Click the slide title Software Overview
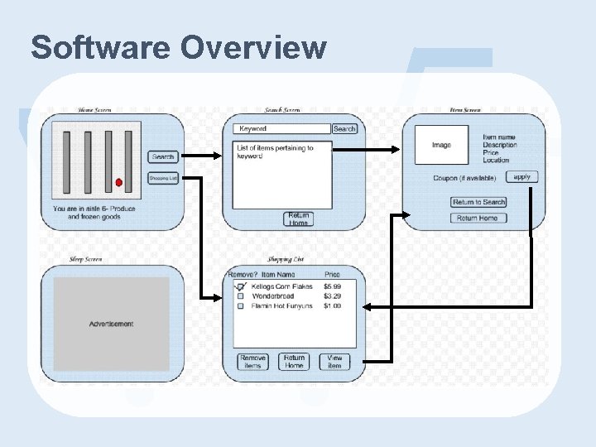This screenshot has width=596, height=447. pyautogui.click(x=178, y=48)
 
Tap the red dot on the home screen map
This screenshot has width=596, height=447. pyautogui.click(x=118, y=182)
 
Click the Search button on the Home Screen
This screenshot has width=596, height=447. pyautogui.click(x=163, y=156)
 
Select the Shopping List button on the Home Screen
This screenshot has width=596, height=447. pyautogui.click(x=163, y=178)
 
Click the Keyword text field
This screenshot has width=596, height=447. pyautogui.click(x=282, y=129)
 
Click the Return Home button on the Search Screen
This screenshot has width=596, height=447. pyautogui.click(x=299, y=219)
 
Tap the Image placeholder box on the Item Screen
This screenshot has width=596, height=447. pyautogui.click(x=441, y=145)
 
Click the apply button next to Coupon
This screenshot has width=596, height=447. pyautogui.click(x=521, y=176)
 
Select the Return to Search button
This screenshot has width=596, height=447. pyautogui.click(x=478, y=202)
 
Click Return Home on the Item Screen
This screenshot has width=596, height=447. pyautogui.click(x=478, y=218)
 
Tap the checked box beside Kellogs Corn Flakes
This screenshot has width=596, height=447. pyautogui.click(x=241, y=286)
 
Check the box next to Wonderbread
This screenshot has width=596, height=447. pyautogui.click(x=241, y=296)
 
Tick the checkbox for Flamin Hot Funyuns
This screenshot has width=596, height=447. pyautogui.click(x=241, y=306)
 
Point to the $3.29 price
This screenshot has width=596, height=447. pyautogui.click(x=332, y=296)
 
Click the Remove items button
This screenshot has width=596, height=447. pyautogui.click(x=252, y=362)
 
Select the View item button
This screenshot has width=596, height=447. pyautogui.click(x=334, y=362)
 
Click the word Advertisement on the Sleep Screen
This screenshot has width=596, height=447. pyautogui.click(x=111, y=324)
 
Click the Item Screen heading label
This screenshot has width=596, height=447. pyautogui.click(x=465, y=109)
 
